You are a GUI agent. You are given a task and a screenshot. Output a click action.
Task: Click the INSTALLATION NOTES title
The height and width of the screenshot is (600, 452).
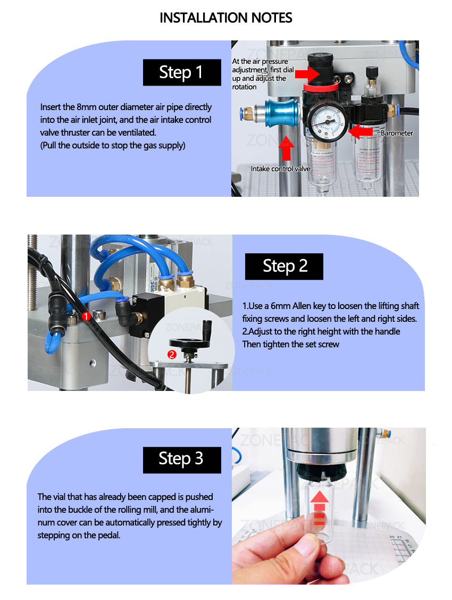(226, 18)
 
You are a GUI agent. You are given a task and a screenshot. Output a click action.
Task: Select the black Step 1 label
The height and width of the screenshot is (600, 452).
(182, 72)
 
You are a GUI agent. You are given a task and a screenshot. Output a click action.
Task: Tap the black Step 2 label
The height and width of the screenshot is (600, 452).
(284, 266)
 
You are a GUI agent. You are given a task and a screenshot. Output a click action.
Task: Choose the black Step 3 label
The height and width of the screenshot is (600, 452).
(182, 459)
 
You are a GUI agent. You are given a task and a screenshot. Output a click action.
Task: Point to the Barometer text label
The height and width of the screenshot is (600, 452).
(397, 133)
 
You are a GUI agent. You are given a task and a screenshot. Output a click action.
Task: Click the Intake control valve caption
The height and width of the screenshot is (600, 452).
(280, 169)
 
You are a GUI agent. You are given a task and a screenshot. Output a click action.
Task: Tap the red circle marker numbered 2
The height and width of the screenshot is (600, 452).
(172, 354)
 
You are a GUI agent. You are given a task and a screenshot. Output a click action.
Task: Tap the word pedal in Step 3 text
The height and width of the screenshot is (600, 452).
(109, 536)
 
